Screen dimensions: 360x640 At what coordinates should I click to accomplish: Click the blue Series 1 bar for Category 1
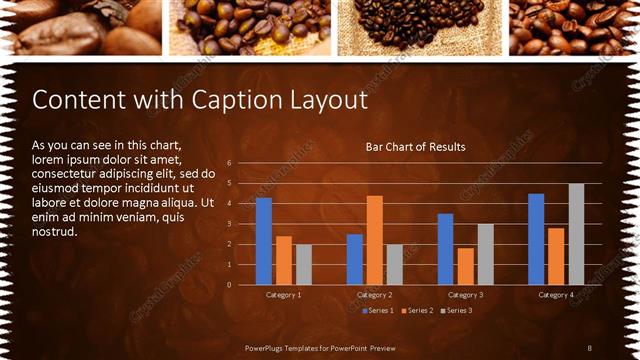click(264, 241)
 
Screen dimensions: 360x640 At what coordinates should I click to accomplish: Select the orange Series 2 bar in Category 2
click(374, 240)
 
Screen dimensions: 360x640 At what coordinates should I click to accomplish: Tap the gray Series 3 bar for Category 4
click(576, 234)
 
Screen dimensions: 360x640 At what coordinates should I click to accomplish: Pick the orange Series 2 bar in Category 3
click(465, 266)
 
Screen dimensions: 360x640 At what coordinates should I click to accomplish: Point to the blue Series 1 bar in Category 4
click(536, 239)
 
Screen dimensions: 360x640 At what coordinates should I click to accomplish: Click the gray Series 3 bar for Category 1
click(303, 264)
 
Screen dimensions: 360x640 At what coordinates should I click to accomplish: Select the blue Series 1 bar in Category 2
click(355, 259)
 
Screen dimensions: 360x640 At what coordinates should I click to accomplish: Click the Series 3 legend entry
click(456, 310)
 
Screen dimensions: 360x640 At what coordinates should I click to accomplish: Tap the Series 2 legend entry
click(417, 310)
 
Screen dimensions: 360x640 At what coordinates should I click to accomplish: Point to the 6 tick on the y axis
click(229, 163)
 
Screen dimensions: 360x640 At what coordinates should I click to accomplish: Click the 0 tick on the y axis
click(229, 285)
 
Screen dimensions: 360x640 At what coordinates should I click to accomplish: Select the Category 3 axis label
click(465, 295)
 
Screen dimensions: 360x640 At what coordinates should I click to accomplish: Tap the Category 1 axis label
click(284, 295)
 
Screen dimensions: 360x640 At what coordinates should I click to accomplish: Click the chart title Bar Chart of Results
click(415, 147)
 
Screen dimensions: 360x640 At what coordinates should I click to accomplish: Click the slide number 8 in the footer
click(590, 347)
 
